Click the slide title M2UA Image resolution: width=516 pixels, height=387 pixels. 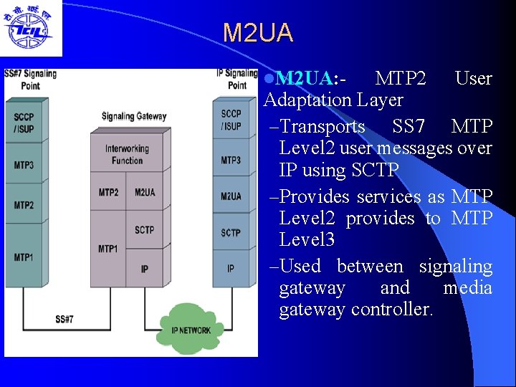257,33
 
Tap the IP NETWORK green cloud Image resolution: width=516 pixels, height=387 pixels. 191,329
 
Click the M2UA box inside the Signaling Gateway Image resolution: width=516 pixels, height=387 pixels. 144,192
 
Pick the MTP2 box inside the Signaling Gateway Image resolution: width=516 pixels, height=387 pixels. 108,192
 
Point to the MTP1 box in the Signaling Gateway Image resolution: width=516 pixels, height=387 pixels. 108,249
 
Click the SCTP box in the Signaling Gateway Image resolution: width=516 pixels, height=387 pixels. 144,229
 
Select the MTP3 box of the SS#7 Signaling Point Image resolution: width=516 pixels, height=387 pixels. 24,166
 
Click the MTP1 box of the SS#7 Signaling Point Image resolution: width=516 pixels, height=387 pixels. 24,256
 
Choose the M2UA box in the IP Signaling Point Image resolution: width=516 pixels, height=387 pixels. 231,196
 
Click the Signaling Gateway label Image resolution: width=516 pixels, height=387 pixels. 133,116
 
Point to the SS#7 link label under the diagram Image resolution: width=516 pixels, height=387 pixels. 64,319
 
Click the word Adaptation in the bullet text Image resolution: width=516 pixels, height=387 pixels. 315,100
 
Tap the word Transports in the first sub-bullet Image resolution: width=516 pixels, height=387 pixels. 322,127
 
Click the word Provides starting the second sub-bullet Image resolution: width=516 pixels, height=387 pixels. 315,196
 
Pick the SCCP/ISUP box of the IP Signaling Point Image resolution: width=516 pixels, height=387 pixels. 231,120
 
